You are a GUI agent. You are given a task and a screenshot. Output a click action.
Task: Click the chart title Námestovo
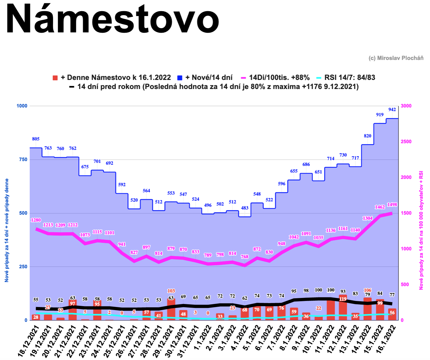[112, 20]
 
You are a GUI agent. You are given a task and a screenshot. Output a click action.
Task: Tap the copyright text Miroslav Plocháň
[396, 58]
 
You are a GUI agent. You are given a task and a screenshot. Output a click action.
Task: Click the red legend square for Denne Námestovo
[55, 78]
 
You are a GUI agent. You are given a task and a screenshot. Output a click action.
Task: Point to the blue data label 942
[392, 110]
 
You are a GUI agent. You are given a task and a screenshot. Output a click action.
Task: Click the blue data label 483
[245, 208]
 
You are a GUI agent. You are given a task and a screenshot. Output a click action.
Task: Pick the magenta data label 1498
[392, 205]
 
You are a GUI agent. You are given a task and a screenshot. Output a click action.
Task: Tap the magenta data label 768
[245, 257]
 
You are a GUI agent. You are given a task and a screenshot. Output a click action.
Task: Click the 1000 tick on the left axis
[22, 106]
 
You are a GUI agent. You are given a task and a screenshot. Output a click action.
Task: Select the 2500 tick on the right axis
[406, 142]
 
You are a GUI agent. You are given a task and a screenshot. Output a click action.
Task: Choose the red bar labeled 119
[343, 307]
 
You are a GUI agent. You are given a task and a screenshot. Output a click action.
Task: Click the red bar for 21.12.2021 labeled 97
[73, 310]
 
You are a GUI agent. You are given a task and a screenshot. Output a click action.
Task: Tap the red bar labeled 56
[392, 314]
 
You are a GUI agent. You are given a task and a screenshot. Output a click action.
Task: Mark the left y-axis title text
[7, 230]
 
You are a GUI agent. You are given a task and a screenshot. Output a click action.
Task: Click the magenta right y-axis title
[421, 230]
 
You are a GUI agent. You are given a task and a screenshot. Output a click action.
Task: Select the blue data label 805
[36, 139]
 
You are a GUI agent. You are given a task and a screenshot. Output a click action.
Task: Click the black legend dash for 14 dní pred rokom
[72, 87]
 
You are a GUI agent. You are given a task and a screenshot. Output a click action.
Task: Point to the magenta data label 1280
[36, 220]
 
